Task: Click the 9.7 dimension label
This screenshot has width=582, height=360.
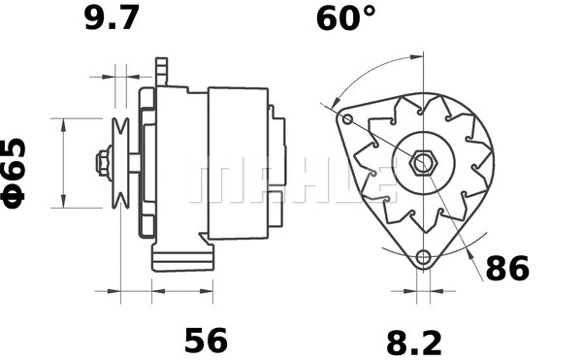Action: click(x=111, y=18)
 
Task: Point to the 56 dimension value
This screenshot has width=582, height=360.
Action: click(x=206, y=341)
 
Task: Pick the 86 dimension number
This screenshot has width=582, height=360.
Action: click(x=506, y=269)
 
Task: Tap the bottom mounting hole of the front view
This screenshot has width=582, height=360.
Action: click(x=422, y=258)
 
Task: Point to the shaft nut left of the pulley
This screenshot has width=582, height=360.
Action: click(x=102, y=162)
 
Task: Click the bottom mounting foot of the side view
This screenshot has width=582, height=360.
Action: click(x=181, y=259)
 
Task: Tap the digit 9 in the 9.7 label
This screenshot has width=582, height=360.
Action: click(x=94, y=18)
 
